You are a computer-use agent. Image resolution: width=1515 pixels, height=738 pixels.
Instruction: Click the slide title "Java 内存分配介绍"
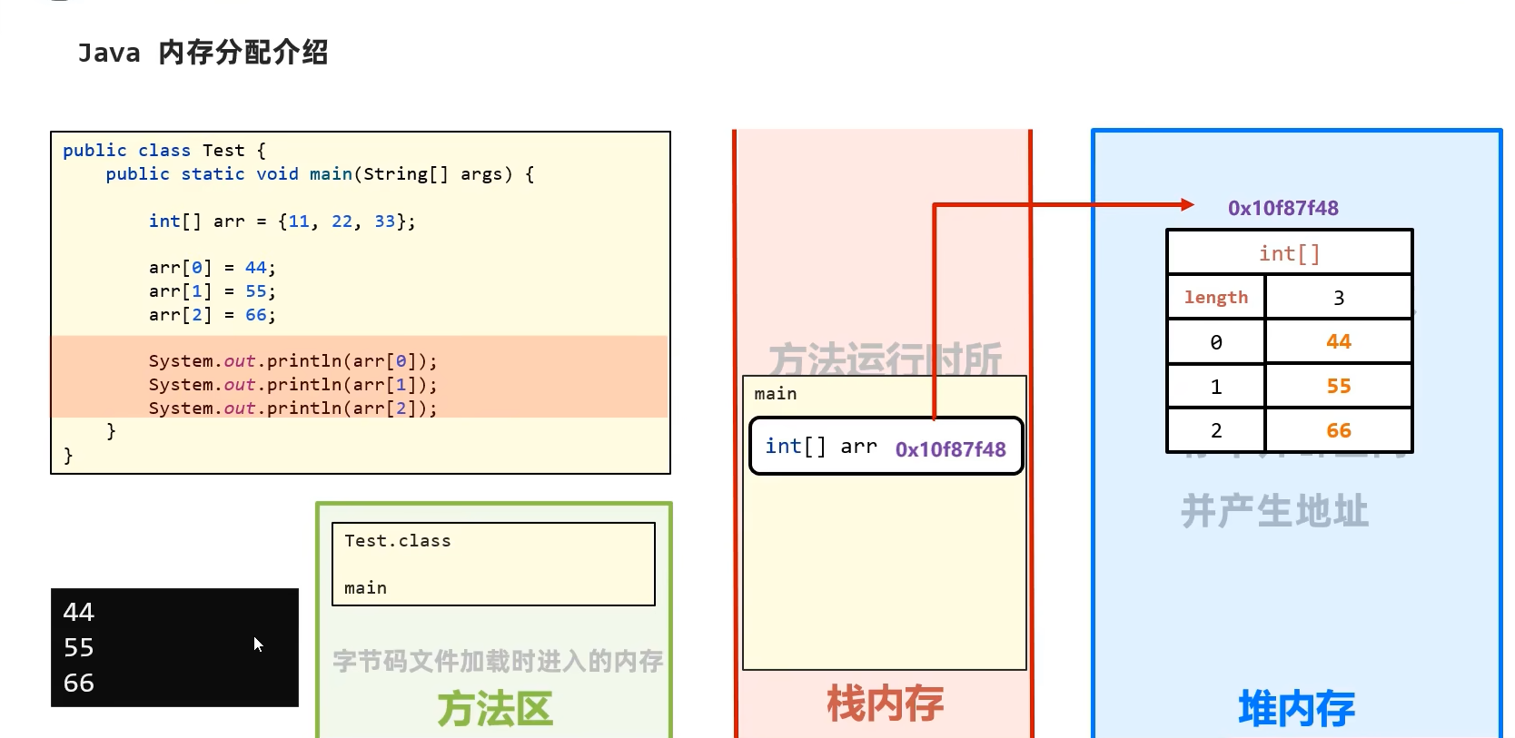(203, 53)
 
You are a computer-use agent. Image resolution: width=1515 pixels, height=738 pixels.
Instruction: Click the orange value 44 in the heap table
(1338, 342)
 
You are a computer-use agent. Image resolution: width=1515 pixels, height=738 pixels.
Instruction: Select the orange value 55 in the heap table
(1338, 387)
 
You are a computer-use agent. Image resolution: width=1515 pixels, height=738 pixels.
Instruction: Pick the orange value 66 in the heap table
(1338, 431)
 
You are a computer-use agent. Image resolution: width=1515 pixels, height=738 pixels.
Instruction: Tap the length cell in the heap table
(1215, 298)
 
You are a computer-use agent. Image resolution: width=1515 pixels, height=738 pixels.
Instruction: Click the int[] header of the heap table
(1289, 253)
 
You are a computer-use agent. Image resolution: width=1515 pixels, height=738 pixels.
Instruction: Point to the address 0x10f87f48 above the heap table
(1282, 208)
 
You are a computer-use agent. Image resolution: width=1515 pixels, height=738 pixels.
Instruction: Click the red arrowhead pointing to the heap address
(1187, 205)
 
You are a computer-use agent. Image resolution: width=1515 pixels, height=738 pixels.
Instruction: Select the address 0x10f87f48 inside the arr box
(950, 449)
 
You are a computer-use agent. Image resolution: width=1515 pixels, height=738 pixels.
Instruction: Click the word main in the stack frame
(775, 394)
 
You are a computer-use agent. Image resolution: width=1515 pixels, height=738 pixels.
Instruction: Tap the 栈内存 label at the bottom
(885, 704)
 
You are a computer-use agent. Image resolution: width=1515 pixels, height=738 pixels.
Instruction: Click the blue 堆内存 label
(1296, 708)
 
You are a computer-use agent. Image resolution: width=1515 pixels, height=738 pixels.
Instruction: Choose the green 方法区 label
(495, 709)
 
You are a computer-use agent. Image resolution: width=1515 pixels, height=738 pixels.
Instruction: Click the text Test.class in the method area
(397, 541)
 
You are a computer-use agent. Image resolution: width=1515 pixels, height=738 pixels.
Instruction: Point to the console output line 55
(79, 648)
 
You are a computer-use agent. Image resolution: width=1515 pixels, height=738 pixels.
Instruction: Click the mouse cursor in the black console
(258, 644)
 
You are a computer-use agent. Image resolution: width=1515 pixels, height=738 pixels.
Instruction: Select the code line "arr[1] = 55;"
(212, 291)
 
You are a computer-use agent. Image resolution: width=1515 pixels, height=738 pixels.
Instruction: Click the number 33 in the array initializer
(384, 221)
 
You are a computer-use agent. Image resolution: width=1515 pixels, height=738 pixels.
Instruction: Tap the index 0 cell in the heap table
(1215, 342)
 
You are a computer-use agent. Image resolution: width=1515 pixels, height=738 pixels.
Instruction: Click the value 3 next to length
(1338, 298)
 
